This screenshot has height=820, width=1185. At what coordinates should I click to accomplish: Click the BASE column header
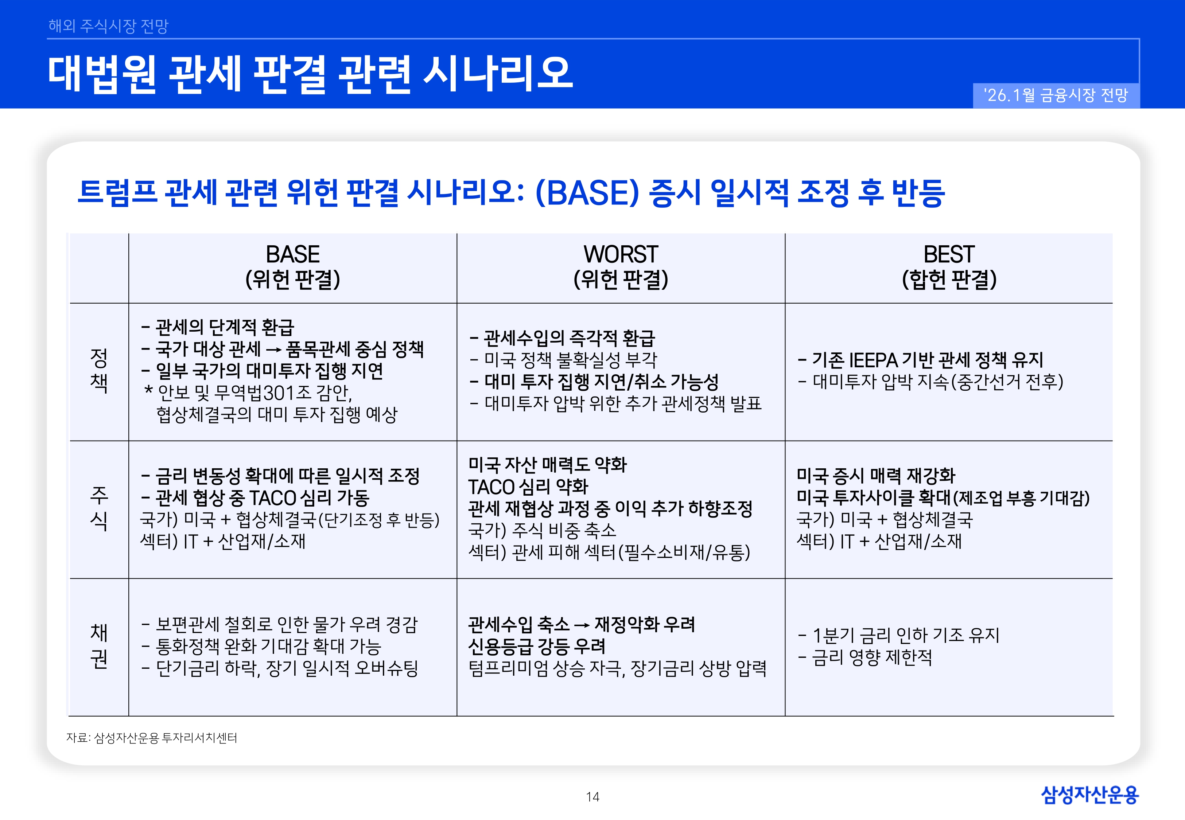click(292, 267)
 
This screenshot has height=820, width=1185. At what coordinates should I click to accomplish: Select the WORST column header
click(621, 267)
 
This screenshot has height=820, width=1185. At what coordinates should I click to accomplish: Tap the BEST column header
click(949, 267)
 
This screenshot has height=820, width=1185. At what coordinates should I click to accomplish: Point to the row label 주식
click(99, 509)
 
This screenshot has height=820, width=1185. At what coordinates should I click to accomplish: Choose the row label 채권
click(99, 646)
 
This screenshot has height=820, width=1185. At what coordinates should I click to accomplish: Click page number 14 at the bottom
click(592, 797)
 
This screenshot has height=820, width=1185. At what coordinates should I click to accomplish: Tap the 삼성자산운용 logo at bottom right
click(1089, 795)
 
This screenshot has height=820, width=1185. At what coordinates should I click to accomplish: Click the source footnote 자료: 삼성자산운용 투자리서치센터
click(152, 738)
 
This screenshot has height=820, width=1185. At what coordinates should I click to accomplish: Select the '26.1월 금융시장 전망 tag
click(1056, 95)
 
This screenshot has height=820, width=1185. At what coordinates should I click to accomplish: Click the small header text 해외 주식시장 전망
click(108, 26)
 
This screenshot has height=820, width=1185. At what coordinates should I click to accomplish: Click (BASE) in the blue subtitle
click(587, 193)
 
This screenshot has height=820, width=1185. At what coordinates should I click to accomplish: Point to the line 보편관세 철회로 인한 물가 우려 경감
click(280, 625)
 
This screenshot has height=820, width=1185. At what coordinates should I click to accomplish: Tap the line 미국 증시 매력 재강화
click(876, 476)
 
